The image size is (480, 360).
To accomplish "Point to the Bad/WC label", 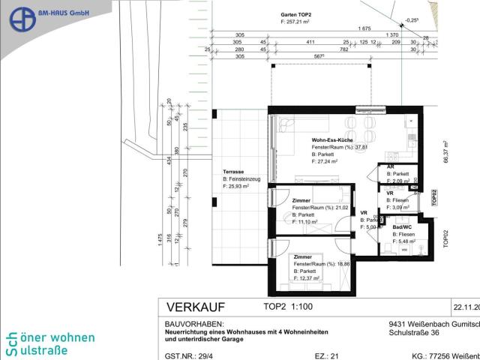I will (397, 226).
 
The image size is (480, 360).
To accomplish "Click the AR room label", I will (390, 166).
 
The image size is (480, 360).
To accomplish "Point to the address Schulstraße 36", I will (418, 334).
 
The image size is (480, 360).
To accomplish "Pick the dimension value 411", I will (308, 43).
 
